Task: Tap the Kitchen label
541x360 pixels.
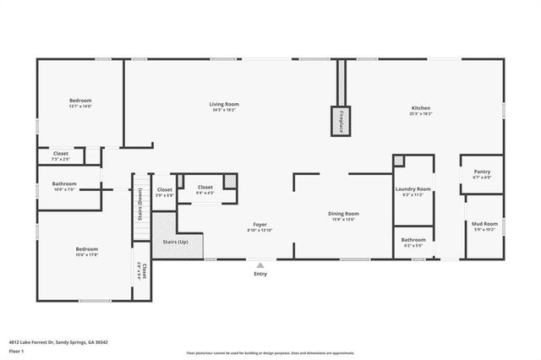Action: [x=421, y=108]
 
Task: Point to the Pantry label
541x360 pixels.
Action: [x=482, y=172]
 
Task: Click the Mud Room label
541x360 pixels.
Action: [x=482, y=225]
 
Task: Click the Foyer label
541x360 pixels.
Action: [x=259, y=225]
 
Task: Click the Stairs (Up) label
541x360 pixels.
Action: [x=175, y=242]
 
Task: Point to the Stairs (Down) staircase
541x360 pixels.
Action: [x=140, y=203]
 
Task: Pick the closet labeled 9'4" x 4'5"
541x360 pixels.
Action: [x=205, y=188]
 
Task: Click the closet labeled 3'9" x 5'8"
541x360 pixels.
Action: [x=164, y=190]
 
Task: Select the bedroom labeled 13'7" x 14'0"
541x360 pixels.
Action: [x=80, y=101]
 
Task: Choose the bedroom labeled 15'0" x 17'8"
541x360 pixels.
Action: [x=87, y=250]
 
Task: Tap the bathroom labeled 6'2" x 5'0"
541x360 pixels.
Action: [x=413, y=240]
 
